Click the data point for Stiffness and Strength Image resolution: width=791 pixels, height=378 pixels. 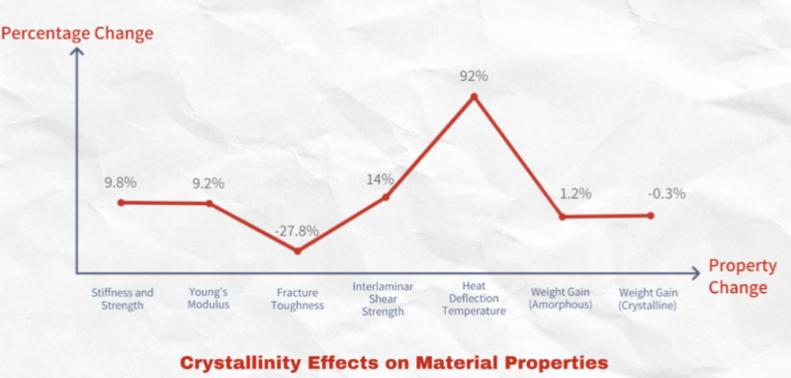[121, 202]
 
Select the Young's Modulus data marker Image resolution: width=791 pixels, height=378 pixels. [209, 204]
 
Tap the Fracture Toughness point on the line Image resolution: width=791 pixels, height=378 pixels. [298, 251]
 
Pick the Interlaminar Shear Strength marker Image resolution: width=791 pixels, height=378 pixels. [386, 197]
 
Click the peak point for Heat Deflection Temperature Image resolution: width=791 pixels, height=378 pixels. [474, 96]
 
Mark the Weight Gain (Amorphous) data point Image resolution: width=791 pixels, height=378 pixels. [562, 217]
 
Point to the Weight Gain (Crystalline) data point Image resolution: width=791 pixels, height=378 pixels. [650, 215]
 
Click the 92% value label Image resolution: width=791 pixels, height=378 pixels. [474, 75]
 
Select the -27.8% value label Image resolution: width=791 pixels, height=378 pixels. [298, 231]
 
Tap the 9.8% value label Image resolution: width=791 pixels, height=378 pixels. [121, 182]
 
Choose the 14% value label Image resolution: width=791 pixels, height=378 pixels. [381, 179]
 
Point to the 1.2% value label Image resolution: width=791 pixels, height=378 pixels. [575, 194]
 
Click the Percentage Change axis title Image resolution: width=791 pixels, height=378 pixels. [77, 33]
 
